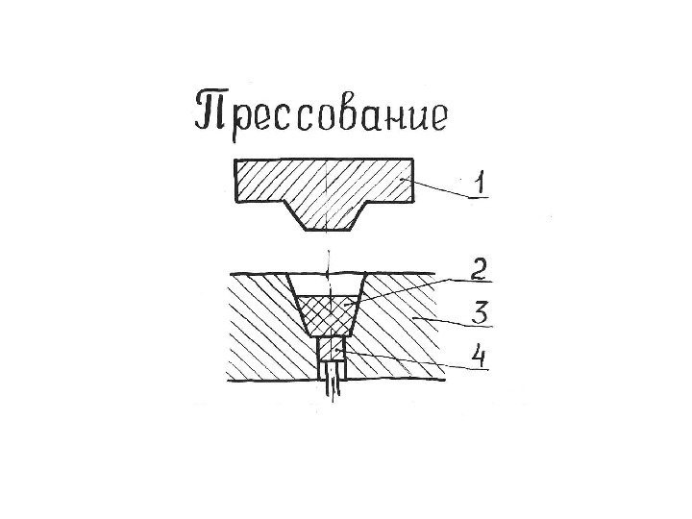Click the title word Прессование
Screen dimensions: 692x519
tap(321, 112)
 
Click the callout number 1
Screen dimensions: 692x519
tap(478, 182)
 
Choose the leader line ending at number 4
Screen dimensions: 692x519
tap(404, 361)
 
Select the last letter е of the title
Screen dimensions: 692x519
tap(438, 117)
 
